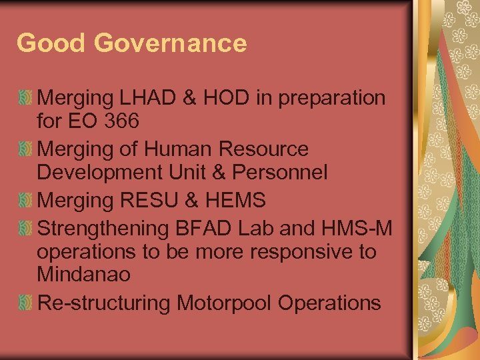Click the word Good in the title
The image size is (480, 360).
click(x=51, y=43)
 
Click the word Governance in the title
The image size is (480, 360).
click(x=171, y=43)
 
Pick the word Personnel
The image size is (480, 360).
click(x=280, y=173)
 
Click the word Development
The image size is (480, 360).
click(x=95, y=173)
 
